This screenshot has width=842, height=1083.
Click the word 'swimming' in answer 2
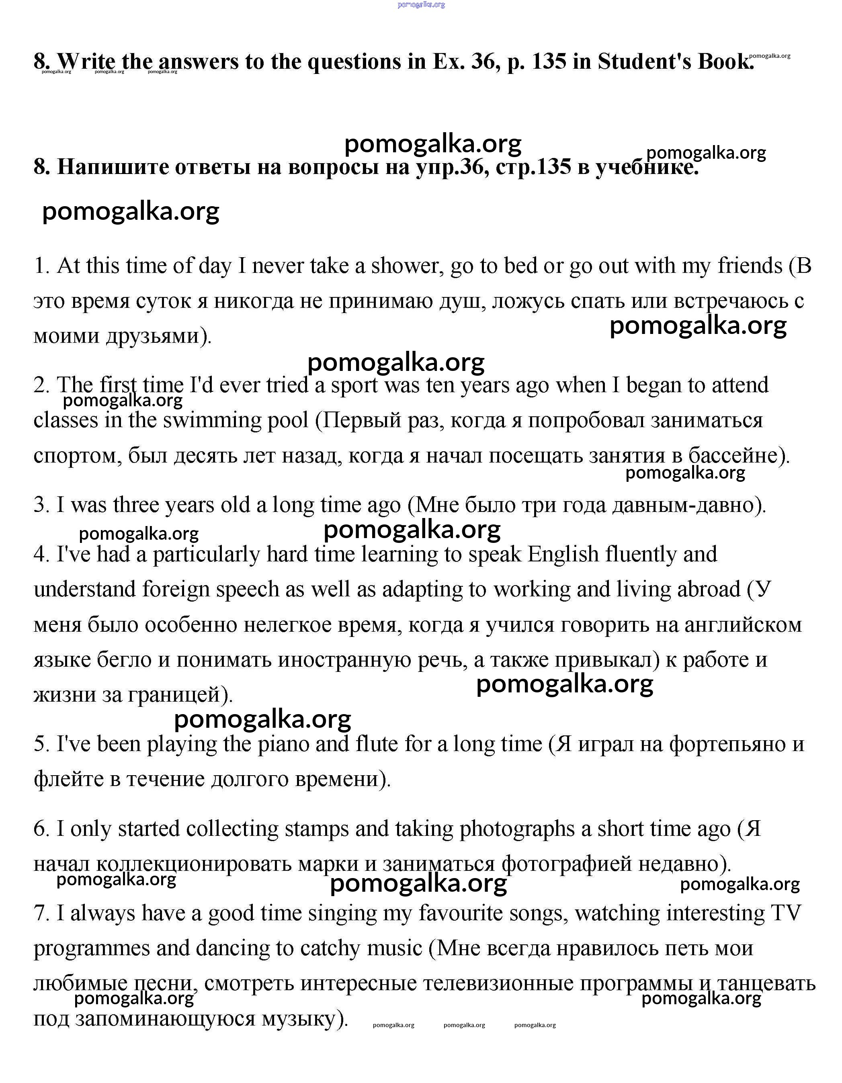pos(212,420)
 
